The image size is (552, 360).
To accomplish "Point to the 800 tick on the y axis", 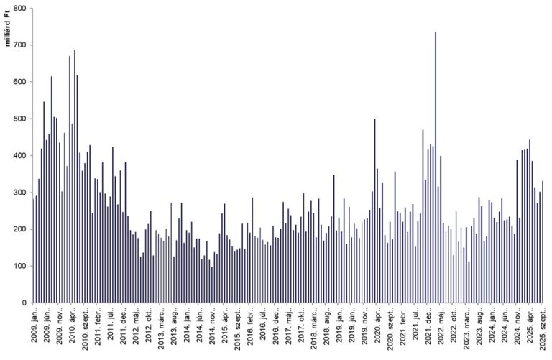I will pyautogui.click(x=19, y=9).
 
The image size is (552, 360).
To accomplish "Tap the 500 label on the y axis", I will pyautogui.click(x=19, y=119).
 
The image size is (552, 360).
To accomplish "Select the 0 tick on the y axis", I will pyautogui.click(x=24, y=303).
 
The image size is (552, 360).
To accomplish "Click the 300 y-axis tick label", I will pyautogui.click(x=19, y=193).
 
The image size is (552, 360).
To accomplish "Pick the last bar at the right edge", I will pyautogui.click(x=543, y=241).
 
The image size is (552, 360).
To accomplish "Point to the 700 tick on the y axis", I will pyautogui.click(x=19, y=45).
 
